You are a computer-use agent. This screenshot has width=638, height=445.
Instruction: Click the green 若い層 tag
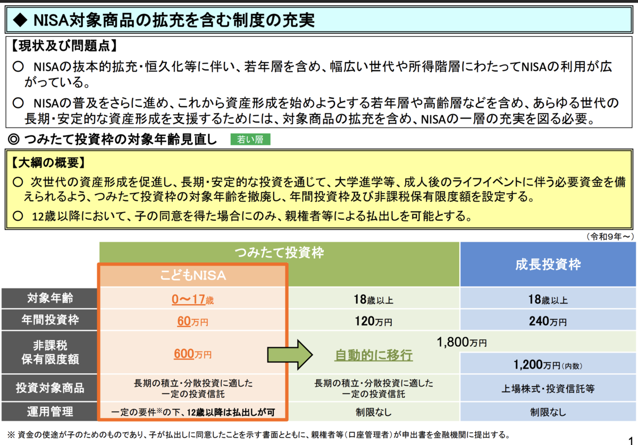tap(250, 140)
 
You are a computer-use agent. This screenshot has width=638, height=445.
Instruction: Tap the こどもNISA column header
tap(193, 275)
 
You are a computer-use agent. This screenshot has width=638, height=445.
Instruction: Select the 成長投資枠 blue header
tap(548, 264)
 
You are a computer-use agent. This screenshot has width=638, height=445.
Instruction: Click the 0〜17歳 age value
tap(192, 299)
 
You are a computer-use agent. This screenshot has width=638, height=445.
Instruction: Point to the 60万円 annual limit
tap(192, 321)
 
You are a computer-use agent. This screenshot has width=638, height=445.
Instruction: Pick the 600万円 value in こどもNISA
tap(192, 354)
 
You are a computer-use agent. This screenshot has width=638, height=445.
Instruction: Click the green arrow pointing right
tap(290, 355)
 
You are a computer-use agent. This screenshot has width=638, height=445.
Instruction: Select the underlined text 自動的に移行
tap(374, 355)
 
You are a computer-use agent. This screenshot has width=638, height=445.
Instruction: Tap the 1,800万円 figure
tap(461, 342)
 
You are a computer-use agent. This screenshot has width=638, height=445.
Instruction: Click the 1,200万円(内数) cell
tap(548, 364)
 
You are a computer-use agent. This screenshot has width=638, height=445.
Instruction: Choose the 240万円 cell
tap(548, 321)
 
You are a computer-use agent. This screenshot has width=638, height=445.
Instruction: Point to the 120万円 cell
tap(374, 321)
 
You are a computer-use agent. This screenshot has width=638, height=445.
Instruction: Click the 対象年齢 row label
tap(50, 298)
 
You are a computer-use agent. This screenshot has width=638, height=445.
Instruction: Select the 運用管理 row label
tap(50, 412)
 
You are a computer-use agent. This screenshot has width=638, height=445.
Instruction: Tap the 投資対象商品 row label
tap(50, 388)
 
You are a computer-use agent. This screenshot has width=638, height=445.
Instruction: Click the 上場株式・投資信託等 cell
tap(548, 388)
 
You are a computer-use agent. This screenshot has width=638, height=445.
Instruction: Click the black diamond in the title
tap(21, 20)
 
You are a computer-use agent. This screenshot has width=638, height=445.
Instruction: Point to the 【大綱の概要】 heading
tap(48, 162)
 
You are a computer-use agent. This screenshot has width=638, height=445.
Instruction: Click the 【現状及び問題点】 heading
tap(64, 46)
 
